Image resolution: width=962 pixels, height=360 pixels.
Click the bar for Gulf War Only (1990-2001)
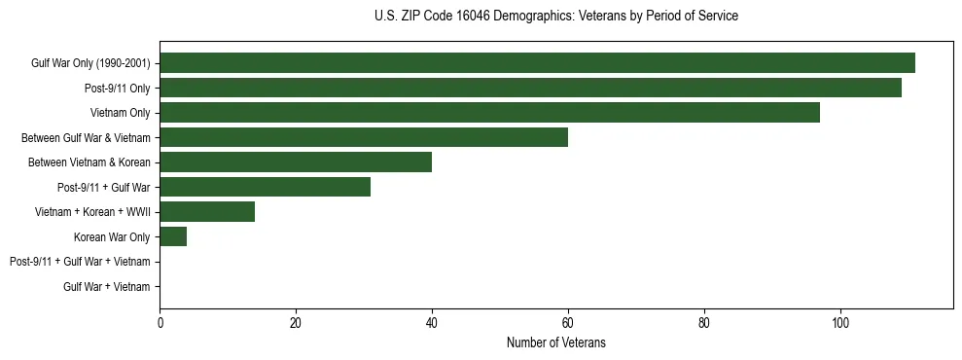click(x=537, y=63)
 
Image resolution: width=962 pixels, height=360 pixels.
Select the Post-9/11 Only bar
click(x=530, y=88)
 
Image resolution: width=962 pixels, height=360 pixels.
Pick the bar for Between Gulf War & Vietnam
click(x=364, y=137)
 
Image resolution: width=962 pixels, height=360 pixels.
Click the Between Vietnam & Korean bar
click(x=296, y=162)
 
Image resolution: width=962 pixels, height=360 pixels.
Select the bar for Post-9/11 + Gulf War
click(x=265, y=187)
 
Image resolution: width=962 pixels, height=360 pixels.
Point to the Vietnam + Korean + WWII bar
click(x=207, y=211)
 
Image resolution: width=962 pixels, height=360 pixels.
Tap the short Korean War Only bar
click(x=173, y=236)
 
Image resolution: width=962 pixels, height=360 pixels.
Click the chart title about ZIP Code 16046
click(x=555, y=17)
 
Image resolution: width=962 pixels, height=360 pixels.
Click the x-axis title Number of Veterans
click(x=555, y=342)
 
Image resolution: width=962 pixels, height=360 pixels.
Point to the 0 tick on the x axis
click(x=160, y=322)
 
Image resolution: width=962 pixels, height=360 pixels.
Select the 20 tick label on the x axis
click(x=296, y=322)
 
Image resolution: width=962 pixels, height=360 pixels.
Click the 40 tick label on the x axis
click(x=432, y=322)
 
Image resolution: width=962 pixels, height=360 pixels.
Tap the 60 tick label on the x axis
click(x=568, y=322)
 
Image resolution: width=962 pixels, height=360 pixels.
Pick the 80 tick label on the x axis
click(x=704, y=322)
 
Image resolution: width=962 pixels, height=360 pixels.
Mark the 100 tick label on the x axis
click(x=840, y=322)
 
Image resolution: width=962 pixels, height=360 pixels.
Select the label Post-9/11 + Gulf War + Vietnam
click(x=80, y=262)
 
